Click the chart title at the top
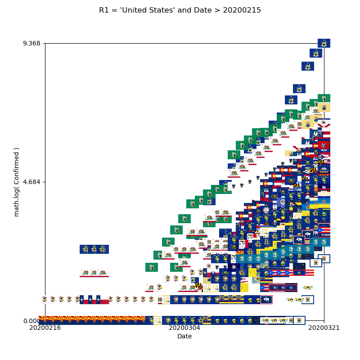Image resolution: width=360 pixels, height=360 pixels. point(180,10)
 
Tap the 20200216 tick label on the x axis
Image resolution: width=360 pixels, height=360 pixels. point(45,328)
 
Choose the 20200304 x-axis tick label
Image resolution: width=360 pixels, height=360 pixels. point(184,328)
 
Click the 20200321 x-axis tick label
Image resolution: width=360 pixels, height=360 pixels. point(324,328)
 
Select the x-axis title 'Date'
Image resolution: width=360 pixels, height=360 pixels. point(184,337)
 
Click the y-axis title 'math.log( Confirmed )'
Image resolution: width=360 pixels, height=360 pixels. point(17,182)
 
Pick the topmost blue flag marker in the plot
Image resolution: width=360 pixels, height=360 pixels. point(324,43)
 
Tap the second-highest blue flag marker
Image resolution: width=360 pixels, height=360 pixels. point(316,53)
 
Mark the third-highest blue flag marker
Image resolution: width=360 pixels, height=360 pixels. point(308,66)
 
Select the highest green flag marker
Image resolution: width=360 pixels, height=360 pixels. point(324,98)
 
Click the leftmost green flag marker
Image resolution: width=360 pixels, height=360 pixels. point(152,267)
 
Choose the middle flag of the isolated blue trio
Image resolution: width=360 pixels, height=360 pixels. point(94,249)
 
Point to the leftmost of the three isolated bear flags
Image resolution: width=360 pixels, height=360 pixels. point(85,273)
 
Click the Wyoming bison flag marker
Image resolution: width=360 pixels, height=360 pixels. point(266,300)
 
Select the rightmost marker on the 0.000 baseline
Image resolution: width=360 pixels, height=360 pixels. point(299,320)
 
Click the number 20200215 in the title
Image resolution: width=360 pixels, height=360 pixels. point(245,10)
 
